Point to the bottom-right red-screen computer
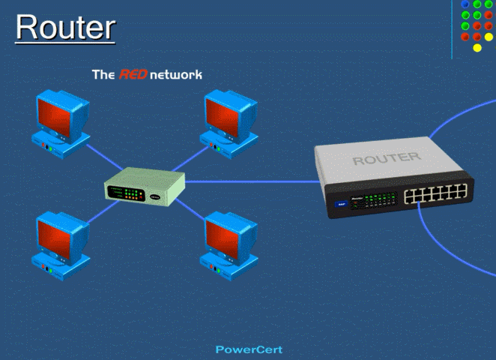tap(226, 241)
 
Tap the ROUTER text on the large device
tap(386, 159)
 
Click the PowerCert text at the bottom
tap(249, 349)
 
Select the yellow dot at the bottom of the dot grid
tap(477, 48)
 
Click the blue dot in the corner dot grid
tap(465, 4)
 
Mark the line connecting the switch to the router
tap(247, 181)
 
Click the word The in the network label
tap(103, 75)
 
